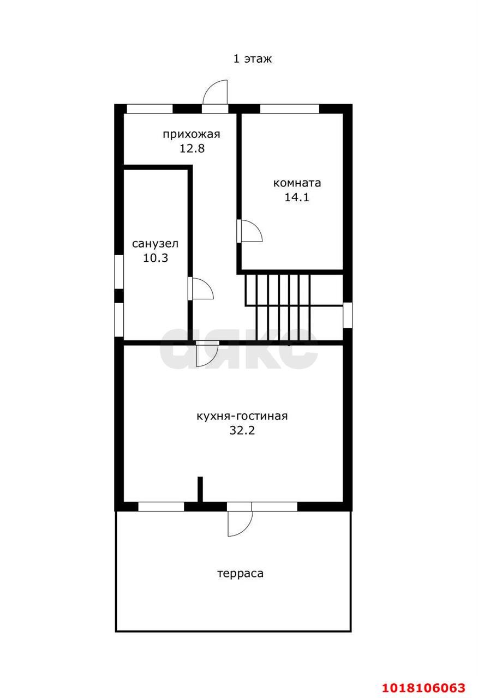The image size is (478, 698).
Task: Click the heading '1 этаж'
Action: click(x=253, y=58)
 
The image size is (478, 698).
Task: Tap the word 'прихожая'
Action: click(x=192, y=134)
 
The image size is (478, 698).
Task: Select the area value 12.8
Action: click(x=192, y=148)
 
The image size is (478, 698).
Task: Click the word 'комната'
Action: click(x=297, y=183)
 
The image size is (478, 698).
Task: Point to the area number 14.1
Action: click(x=296, y=197)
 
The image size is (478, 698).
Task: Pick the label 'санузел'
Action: click(x=155, y=244)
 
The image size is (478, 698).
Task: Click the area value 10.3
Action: click(x=156, y=258)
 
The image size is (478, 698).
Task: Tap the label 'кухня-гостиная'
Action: click(x=242, y=416)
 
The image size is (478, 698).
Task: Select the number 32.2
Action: click(x=242, y=430)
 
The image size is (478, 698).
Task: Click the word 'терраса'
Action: click(x=240, y=573)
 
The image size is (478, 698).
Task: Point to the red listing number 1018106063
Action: click(x=424, y=688)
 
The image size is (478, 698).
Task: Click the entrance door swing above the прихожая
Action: click(x=215, y=92)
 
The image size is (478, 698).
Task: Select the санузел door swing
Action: click(x=201, y=288)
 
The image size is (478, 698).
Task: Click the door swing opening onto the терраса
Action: click(x=240, y=524)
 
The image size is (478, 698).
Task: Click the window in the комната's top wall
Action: click(x=290, y=109)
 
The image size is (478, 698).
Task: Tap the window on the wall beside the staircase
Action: click(x=348, y=315)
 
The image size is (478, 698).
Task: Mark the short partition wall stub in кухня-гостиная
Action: click(x=200, y=489)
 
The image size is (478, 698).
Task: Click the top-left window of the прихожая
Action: click(x=150, y=109)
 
